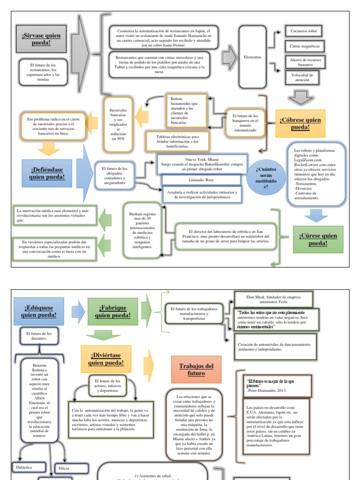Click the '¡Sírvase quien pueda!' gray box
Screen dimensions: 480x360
[x=42, y=39]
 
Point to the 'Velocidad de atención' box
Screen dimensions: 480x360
[x=302, y=77]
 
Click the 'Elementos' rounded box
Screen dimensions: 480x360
[x=252, y=57]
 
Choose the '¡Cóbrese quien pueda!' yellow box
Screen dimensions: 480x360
[x=300, y=124]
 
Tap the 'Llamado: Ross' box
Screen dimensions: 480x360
[x=202, y=180]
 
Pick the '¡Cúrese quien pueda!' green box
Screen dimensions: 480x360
[x=318, y=240]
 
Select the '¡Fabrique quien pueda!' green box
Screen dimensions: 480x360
[x=112, y=311]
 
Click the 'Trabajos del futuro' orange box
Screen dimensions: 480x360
[x=195, y=369]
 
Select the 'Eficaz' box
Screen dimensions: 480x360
[x=71, y=468]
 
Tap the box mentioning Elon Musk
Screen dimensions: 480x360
[x=273, y=300]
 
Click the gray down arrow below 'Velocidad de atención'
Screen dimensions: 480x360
[x=300, y=97]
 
